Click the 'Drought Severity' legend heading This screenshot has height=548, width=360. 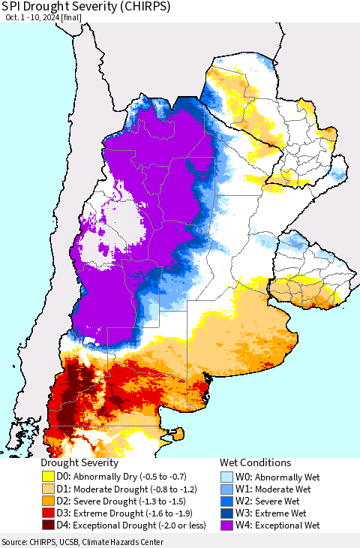click(79, 463)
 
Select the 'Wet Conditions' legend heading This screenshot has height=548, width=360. click(255, 463)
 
